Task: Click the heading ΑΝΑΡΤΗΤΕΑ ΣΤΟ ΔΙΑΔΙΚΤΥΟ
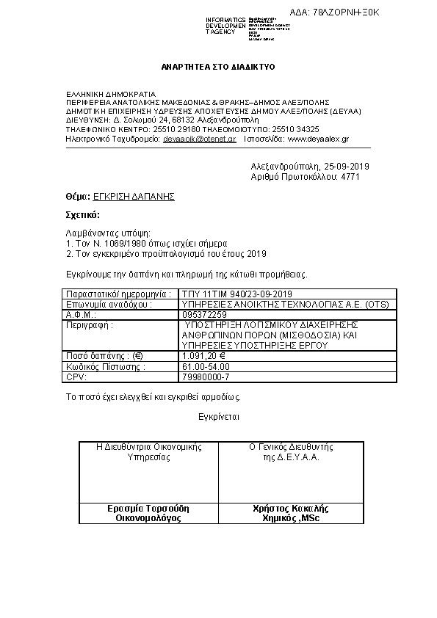(x=217, y=67)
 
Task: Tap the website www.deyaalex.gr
(x=318, y=138)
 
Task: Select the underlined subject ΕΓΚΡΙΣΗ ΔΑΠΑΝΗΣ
(x=134, y=197)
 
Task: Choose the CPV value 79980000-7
(x=206, y=377)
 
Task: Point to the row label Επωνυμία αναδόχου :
(x=109, y=304)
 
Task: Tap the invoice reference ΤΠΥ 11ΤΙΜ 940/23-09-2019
(x=236, y=294)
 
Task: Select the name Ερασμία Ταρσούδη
(x=148, y=508)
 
